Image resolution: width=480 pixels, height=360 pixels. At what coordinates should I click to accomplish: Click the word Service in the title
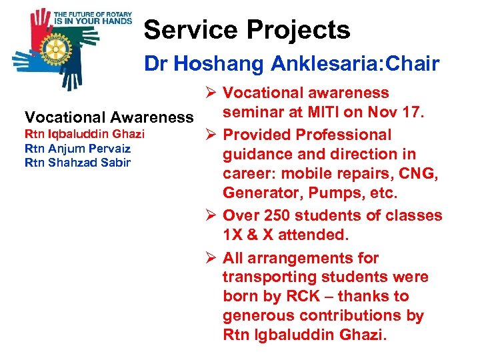pos(190,30)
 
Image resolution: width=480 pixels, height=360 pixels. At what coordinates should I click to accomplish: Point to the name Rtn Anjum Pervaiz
pos(77,148)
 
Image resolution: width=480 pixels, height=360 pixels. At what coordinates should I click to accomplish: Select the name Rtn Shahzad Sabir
pos(77,162)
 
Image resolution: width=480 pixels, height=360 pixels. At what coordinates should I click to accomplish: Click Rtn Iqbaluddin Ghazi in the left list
pos(84,135)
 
